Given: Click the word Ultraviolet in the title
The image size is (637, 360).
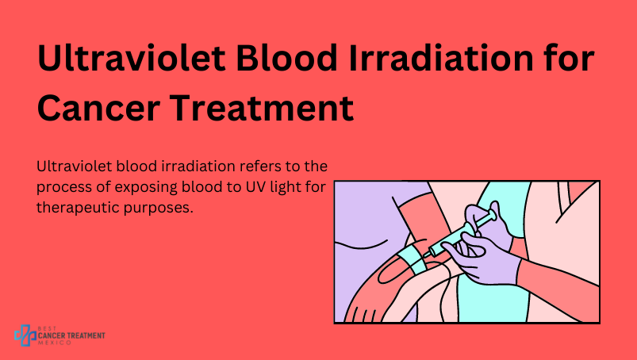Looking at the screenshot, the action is tap(131, 58).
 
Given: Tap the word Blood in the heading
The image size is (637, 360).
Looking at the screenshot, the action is tap(287, 58).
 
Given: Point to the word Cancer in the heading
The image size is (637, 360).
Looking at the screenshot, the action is tap(98, 108).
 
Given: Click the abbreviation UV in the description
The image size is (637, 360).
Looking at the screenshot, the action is tap(255, 187).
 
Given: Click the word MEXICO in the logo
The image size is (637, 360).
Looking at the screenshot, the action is tap(55, 343).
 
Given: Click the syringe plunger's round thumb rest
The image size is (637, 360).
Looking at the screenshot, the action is tap(493, 215).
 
